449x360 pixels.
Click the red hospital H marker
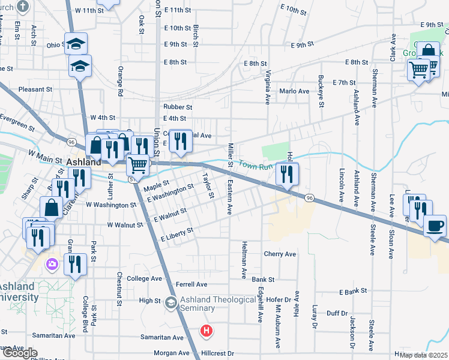[x=206, y=331]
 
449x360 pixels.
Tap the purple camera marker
[x=52, y=263]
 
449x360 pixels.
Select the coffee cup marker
[x=435, y=226]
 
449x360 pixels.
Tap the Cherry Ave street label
[x=280, y=254]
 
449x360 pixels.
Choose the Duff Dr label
[x=337, y=313]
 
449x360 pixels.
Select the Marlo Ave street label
[x=294, y=91]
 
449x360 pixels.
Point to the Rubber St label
[x=178, y=107]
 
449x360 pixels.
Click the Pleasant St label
[x=35, y=89]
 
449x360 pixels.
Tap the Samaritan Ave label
[x=162, y=338]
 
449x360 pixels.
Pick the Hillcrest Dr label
[x=217, y=354]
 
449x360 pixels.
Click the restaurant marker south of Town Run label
[x=287, y=175]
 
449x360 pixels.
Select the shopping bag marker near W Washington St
[x=52, y=208]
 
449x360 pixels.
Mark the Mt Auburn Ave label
[x=278, y=326]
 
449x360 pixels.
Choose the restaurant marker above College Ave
[x=75, y=265]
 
